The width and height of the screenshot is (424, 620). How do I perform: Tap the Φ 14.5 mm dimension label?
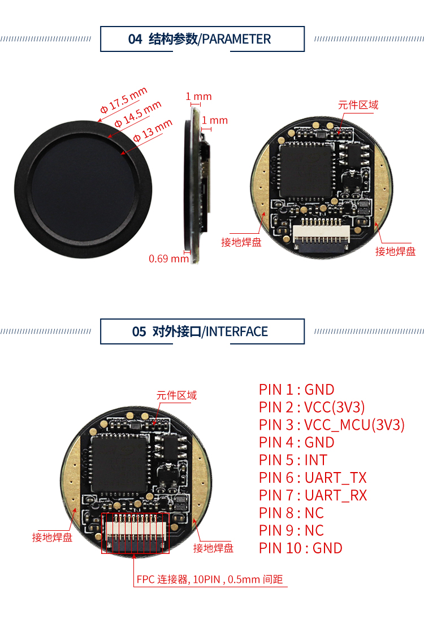point(138,114)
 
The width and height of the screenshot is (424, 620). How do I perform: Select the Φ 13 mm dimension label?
point(153,130)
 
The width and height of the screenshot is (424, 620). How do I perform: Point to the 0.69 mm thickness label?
point(168,259)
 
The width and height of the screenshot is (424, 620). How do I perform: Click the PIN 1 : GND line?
point(297,390)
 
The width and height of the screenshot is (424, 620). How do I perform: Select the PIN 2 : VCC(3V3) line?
point(312,407)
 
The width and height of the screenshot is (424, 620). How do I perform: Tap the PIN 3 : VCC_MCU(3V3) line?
point(332,425)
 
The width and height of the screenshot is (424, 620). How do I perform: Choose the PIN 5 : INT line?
point(293,460)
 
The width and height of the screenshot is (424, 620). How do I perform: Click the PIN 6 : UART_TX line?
point(313,478)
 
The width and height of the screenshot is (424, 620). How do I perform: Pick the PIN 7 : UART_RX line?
point(313,495)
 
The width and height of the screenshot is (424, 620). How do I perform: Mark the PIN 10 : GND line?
point(301,548)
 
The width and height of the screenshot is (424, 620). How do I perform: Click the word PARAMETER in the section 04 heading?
point(236,39)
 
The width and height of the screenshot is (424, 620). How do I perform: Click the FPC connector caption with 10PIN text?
point(209,579)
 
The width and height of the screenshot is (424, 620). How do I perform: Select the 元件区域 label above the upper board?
point(358,105)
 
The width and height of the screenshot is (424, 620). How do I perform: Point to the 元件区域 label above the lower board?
point(176,395)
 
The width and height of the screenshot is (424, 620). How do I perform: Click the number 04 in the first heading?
point(135,39)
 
